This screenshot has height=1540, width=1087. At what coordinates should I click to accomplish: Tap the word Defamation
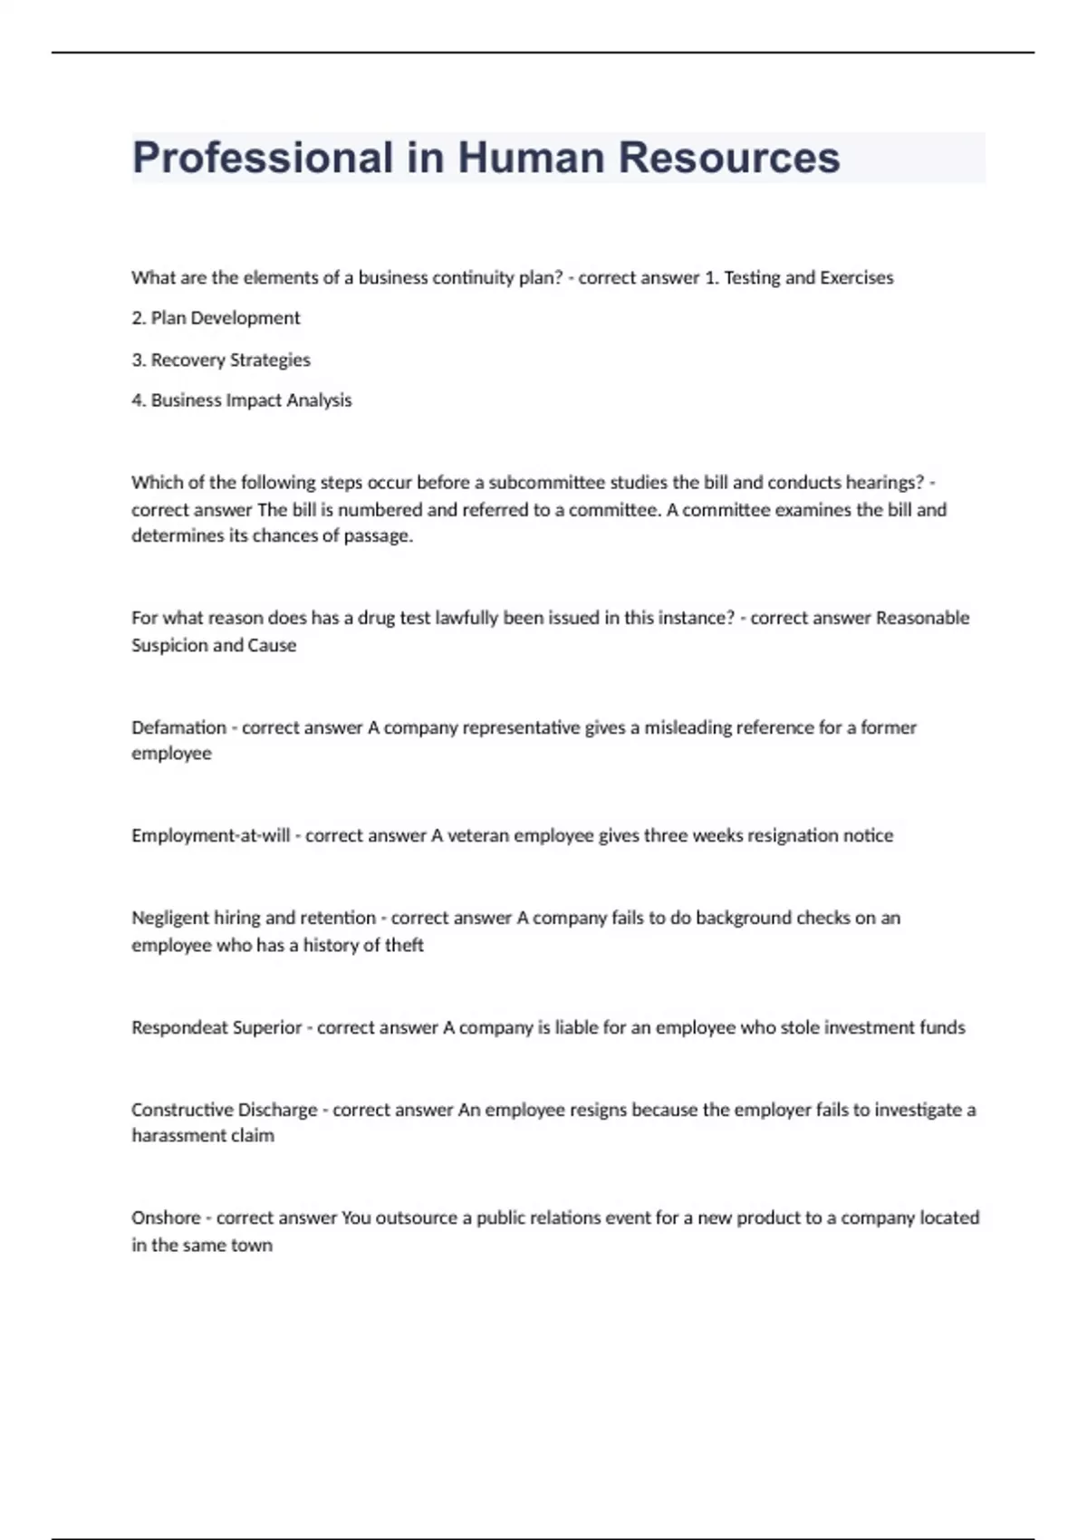coord(178,727)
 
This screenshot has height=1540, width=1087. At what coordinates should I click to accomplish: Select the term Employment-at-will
coord(210,835)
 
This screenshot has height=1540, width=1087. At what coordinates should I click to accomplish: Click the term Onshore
coord(166,1218)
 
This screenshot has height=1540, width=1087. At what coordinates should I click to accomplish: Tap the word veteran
coord(477,835)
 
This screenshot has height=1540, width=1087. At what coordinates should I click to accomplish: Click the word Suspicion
coord(168,645)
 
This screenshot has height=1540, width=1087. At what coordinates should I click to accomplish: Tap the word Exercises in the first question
coord(856,277)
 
